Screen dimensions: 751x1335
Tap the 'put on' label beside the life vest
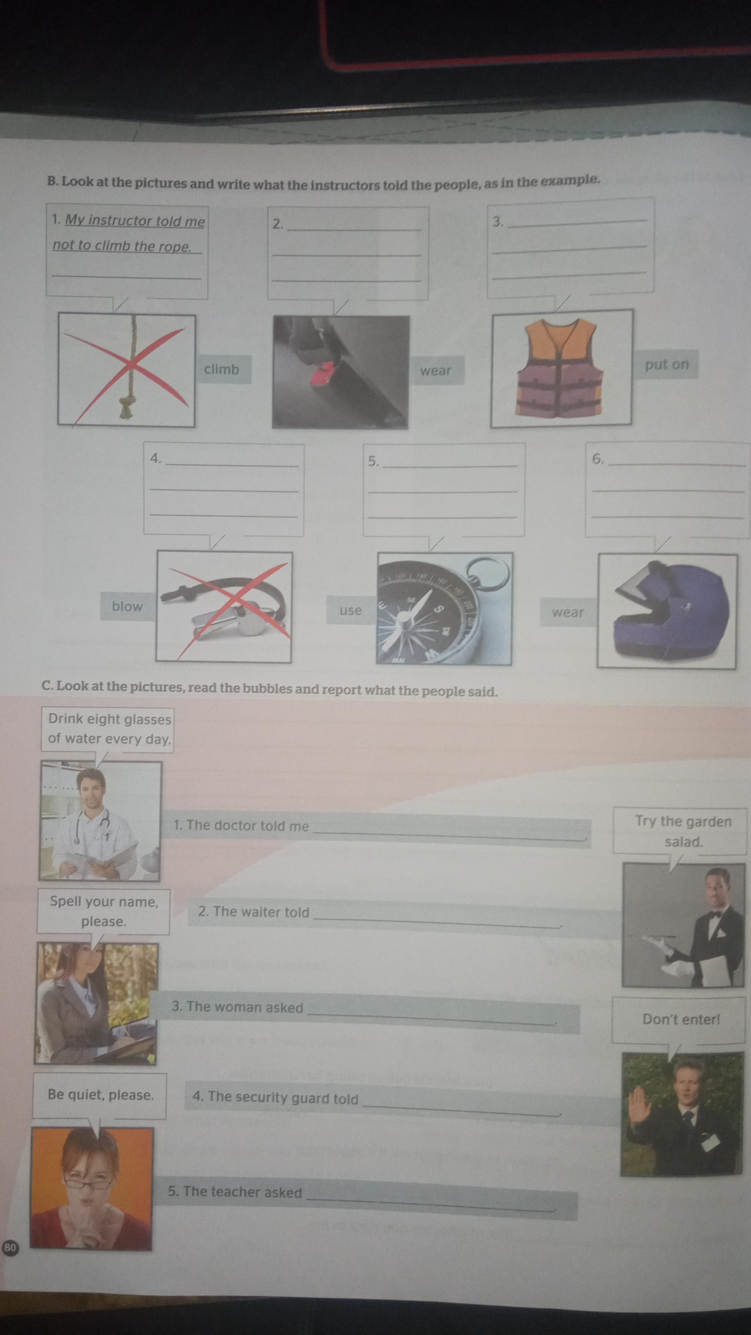[x=667, y=364]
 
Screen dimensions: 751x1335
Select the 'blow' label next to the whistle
[x=127, y=606]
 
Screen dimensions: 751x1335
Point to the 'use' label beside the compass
[x=350, y=610]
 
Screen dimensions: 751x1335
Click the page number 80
[x=9, y=1247]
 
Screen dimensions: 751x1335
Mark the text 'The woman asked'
[x=237, y=1007]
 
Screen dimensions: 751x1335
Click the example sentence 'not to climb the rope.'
[x=122, y=246]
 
